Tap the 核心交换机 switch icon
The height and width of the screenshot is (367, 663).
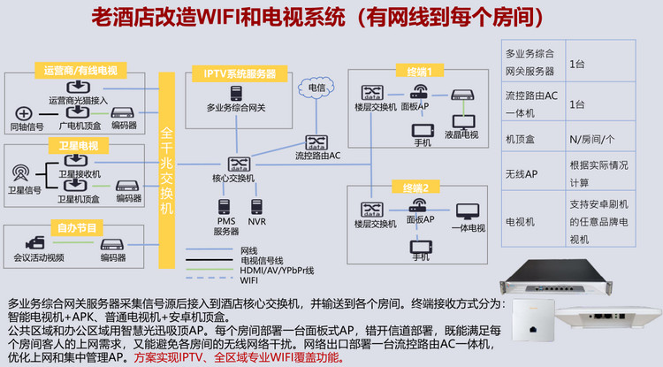coord(238,164)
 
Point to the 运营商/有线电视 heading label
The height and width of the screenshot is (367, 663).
coord(80,71)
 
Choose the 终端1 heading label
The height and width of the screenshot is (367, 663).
coord(414,71)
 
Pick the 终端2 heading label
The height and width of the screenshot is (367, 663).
coord(415,187)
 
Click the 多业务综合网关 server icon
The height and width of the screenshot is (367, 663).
coord(236,92)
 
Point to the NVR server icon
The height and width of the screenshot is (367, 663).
coord(257,206)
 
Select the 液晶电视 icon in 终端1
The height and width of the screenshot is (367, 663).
coord(461,121)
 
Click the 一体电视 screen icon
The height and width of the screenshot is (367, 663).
coord(468,211)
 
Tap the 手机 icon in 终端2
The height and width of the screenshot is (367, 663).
coord(420,243)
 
